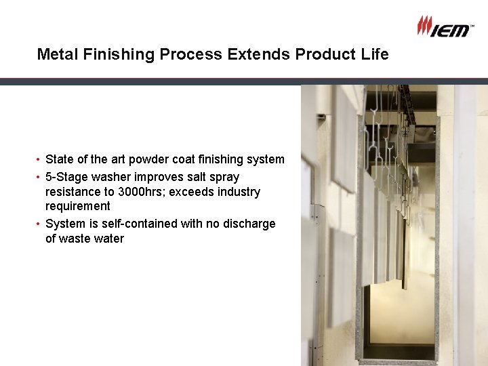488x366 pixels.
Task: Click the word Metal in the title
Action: [58, 54]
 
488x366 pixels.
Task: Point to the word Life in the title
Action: [374, 54]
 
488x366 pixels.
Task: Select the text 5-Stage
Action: [64, 177]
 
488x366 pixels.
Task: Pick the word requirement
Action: [77, 206]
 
